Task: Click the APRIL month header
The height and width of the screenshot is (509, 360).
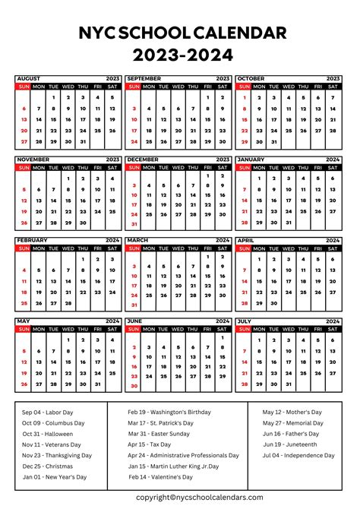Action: coord(247,240)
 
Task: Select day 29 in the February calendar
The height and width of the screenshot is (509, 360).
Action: coord(83,303)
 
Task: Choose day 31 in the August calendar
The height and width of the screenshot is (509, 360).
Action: coord(83,141)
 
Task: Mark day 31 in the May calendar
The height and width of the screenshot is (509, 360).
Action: coord(98,384)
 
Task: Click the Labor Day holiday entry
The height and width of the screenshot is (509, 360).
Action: coord(50,412)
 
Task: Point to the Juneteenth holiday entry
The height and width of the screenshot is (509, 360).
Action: coord(290,444)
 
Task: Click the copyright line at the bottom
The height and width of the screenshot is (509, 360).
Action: coord(201,497)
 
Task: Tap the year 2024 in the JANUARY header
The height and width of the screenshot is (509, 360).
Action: coord(333,160)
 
